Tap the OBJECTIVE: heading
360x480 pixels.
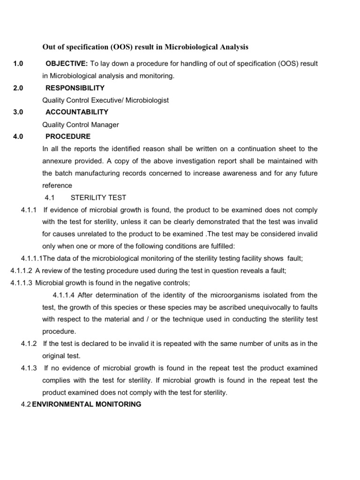pos(66,63)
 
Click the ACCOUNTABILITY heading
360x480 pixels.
pos(77,112)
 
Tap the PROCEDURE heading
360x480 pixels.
pos(68,136)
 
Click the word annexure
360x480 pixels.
pos(59,161)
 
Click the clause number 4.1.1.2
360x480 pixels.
pos(22,270)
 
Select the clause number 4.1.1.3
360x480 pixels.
pos(22,283)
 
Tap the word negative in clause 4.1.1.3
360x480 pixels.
pos(141,283)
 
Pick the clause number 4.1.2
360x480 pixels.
pos(29,344)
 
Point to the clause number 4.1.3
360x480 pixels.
pos(29,368)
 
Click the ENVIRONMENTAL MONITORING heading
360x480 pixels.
pos(86,404)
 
